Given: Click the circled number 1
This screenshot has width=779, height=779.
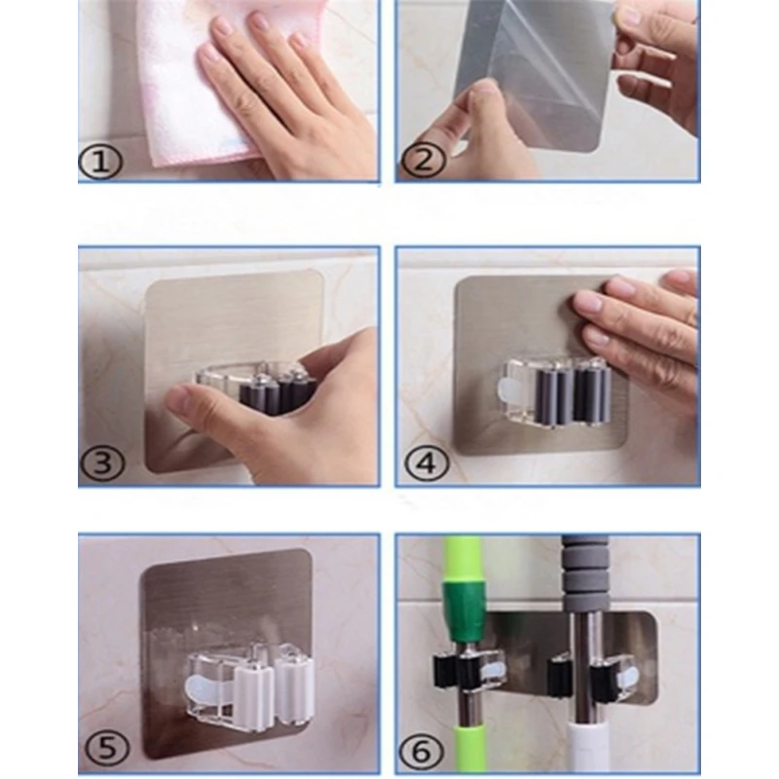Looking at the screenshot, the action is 100,162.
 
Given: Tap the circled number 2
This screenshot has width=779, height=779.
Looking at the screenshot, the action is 424,161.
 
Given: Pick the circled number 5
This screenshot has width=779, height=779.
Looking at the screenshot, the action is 107,747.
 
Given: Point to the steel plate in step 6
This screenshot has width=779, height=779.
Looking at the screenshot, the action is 572,655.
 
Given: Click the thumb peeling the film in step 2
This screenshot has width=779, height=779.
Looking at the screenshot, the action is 474,107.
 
